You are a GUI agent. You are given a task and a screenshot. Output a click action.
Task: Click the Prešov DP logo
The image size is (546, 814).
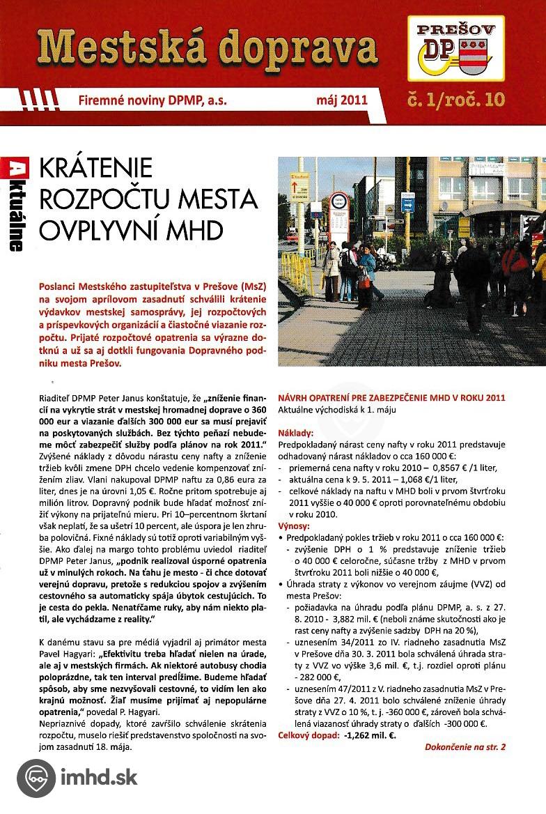coord(455,49)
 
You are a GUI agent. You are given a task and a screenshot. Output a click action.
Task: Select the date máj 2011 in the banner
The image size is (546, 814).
coord(341,100)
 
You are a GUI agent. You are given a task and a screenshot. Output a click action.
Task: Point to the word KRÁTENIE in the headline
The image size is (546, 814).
coord(96,168)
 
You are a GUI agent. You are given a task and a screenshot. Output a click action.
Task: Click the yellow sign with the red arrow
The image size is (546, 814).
coord(299,184)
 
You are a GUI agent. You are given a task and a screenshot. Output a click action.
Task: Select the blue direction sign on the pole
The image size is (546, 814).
coord(408,201)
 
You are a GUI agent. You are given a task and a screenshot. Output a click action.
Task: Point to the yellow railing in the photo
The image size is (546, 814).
coord(297,272)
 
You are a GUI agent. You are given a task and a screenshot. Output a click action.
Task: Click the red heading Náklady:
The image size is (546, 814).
coord(295,433)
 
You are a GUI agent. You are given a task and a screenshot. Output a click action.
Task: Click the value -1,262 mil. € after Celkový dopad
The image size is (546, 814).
coord(370,735)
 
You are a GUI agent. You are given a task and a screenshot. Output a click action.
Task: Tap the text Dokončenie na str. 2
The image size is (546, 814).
coord(465,747)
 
